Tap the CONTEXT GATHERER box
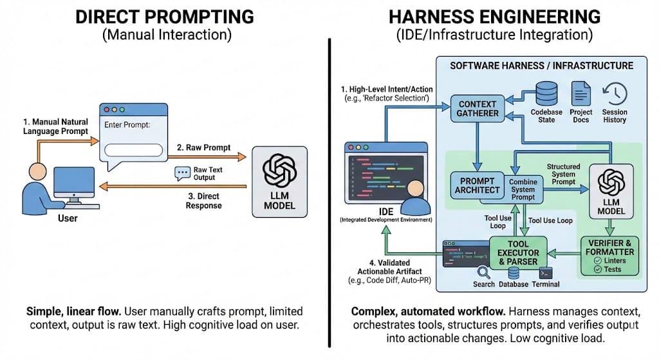click(x=478, y=108)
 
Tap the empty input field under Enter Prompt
click(x=133, y=151)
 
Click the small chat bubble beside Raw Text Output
click(x=182, y=173)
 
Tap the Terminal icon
click(x=546, y=272)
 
